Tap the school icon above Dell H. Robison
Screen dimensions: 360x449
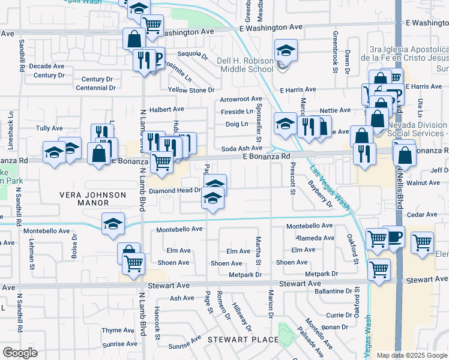286,50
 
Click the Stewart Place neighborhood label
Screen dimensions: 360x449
243,340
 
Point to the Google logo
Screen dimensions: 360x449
20,353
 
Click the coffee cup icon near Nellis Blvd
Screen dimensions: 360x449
393,236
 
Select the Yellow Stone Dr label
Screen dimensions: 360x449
191,90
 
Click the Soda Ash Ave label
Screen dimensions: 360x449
242,148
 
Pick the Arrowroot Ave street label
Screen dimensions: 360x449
241,99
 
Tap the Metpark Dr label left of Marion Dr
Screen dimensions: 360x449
246,274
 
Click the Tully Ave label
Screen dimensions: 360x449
49,128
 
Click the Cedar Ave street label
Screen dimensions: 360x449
422,214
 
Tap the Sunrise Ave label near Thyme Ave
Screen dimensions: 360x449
119,344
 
